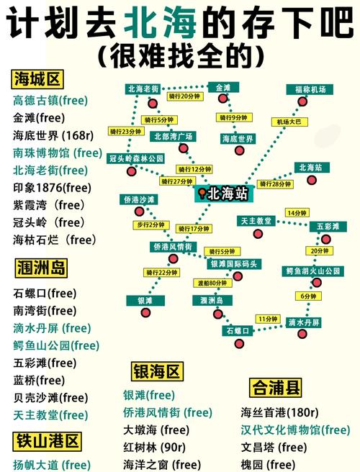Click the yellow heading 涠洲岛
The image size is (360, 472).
coord(41,269)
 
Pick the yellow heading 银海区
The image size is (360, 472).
coord(157,372)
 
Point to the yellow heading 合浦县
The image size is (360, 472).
coord(276,388)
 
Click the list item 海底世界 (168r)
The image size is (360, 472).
coord(55,135)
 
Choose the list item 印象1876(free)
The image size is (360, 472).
coord(52,187)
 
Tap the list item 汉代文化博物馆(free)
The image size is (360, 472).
coord(295,430)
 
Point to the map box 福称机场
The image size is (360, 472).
coord(310,90)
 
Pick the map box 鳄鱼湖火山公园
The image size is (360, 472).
coord(312,271)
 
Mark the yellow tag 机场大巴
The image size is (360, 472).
coord(294,122)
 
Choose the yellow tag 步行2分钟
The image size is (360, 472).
coord(151,225)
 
